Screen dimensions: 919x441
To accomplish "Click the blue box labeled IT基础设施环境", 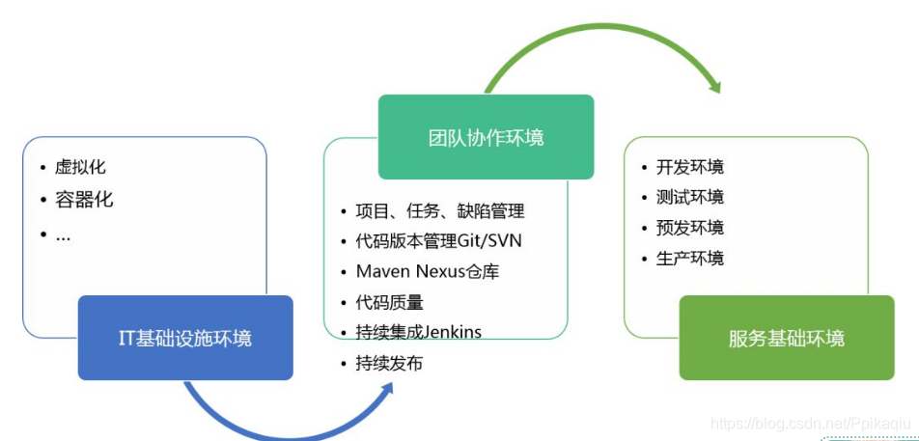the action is tap(185, 338).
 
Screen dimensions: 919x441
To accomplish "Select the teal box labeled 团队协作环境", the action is tap(486, 137).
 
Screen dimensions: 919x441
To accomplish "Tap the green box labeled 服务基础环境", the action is tap(787, 338).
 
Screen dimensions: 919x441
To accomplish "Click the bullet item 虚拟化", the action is tap(80, 167).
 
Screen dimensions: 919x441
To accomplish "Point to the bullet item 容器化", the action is tap(84, 200).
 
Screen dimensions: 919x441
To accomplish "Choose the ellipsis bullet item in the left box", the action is tap(63, 234).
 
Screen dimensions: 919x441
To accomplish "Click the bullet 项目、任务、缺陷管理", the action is tap(440, 210).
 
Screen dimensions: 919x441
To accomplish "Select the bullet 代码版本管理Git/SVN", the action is tap(439, 241).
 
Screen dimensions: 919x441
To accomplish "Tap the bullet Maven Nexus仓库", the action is tap(428, 271).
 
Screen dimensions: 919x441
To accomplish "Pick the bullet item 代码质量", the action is tap(390, 302).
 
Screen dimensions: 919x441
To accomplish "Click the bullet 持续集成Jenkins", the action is tap(419, 333).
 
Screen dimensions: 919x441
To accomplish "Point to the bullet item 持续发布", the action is tap(389, 364).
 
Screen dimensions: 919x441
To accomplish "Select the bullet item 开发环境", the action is tap(689, 167).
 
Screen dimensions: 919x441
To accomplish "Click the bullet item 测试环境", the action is tap(689, 197).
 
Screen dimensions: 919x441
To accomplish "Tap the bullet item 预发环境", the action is tap(689, 228).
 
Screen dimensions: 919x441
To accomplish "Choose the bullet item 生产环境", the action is tap(689, 258).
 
